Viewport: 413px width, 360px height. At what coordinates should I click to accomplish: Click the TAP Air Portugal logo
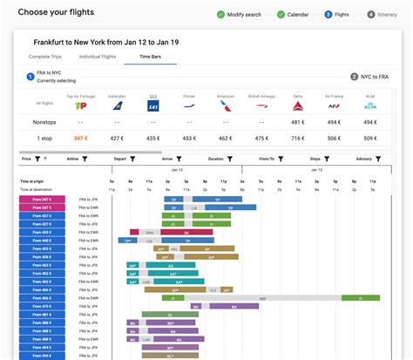click(81, 106)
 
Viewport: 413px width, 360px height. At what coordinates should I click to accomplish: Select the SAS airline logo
click(152, 106)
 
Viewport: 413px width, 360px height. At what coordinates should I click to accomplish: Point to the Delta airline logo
click(297, 106)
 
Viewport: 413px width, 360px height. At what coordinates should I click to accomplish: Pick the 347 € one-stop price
click(81, 138)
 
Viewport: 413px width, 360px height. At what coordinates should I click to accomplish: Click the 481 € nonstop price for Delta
click(297, 123)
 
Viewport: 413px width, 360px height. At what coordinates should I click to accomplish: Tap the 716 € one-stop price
click(297, 138)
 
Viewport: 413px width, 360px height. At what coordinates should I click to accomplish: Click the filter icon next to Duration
click(230, 160)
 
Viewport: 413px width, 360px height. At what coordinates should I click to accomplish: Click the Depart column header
click(119, 160)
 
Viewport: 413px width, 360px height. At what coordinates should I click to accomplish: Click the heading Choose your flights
click(56, 13)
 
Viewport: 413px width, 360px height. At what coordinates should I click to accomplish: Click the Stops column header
click(315, 160)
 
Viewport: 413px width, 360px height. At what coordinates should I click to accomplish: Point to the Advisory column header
click(363, 160)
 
